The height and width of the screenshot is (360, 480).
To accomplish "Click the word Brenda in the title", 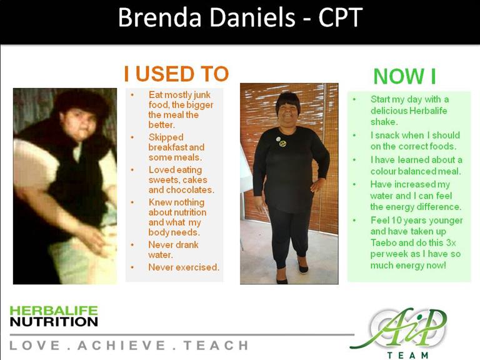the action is click(159, 17).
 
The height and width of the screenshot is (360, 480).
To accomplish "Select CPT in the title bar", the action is click(340, 17).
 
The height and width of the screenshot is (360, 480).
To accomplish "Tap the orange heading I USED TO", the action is click(176, 74).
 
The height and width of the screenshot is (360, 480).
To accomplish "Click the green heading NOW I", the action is click(404, 76).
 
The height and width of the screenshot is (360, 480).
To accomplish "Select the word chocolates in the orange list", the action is click(189, 190).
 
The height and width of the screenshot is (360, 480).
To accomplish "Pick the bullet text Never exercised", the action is click(184, 267).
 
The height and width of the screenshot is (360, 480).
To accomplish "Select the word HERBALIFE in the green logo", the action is click(54, 311).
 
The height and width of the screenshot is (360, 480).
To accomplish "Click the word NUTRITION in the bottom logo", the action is click(54, 322).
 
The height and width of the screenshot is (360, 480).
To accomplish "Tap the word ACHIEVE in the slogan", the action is click(121, 345).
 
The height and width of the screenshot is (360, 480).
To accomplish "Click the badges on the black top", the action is click(281, 141).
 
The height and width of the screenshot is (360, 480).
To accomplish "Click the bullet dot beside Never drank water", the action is click(132, 245).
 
